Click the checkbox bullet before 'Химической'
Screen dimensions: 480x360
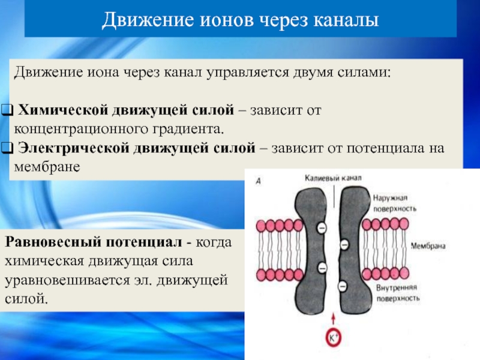pyautogui.click(x=8, y=111)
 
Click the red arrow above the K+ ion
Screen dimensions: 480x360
pyautogui.click(x=334, y=318)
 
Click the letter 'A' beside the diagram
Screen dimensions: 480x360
pyautogui.click(x=258, y=181)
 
